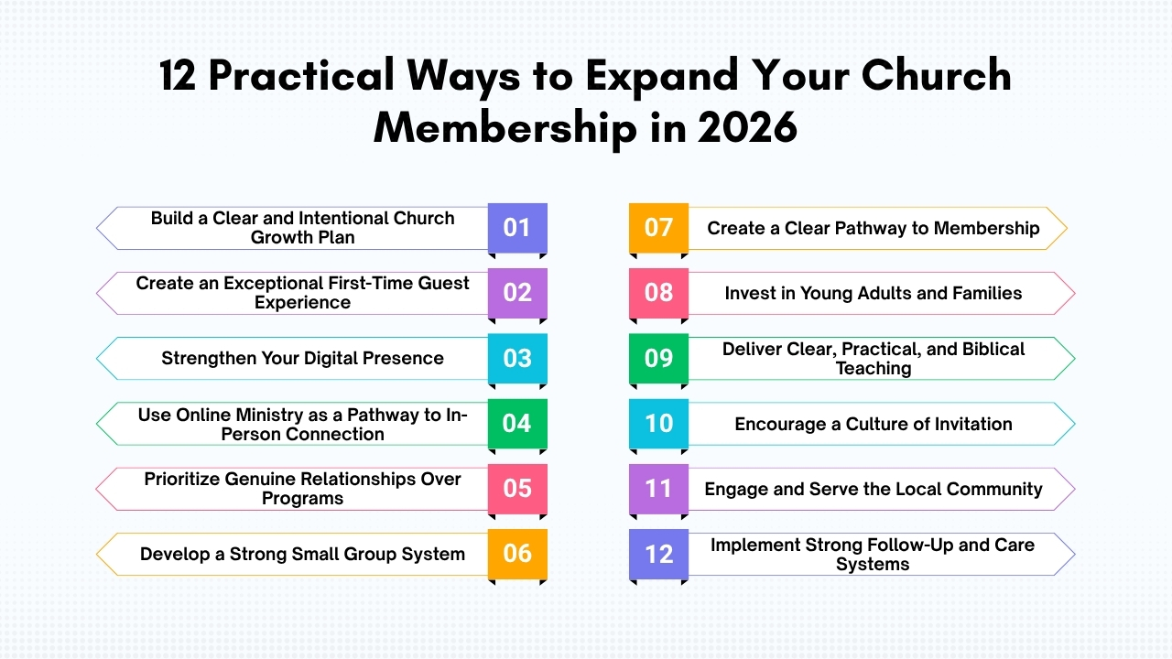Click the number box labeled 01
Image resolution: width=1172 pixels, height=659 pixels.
coord(517,227)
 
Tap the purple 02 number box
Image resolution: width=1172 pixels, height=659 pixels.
coord(517,293)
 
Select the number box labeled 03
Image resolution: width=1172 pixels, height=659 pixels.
coord(517,358)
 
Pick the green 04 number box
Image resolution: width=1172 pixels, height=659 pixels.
coord(517,423)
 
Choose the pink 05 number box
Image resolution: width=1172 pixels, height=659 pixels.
coord(517,489)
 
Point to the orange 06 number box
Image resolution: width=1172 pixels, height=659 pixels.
coord(517,554)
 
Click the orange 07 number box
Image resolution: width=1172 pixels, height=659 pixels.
coord(658,227)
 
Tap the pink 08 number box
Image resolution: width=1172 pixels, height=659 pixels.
coord(658,293)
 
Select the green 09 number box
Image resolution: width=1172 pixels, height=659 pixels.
coord(658,358)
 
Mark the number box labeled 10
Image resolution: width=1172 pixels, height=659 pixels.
coord(658,423)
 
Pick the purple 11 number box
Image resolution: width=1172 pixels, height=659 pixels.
coord(658,489)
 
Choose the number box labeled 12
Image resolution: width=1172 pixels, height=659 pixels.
coord(658,554)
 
